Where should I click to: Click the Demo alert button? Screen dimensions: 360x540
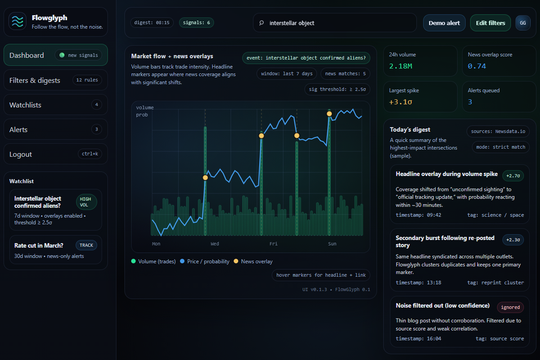[444, 23]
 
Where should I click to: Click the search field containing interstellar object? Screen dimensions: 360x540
[335, 23]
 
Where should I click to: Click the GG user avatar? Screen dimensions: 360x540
[522, 23]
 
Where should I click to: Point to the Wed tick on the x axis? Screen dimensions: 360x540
[215, 244]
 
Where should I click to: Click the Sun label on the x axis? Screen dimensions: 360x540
[332, 244]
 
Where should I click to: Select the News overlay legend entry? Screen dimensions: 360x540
[256, 261]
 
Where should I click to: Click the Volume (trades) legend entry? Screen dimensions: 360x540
[157, 261]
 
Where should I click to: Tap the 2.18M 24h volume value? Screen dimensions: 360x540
[400, 66]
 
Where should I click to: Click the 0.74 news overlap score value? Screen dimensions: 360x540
[477, 66]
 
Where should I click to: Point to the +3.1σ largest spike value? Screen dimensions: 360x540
[400, 102]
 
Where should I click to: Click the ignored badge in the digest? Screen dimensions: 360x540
[510, 307]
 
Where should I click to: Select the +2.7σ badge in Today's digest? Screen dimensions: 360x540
[513, 175]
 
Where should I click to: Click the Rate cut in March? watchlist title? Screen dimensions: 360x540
[39, 245]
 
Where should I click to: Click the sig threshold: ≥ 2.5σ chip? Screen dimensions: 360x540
[337, 89]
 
